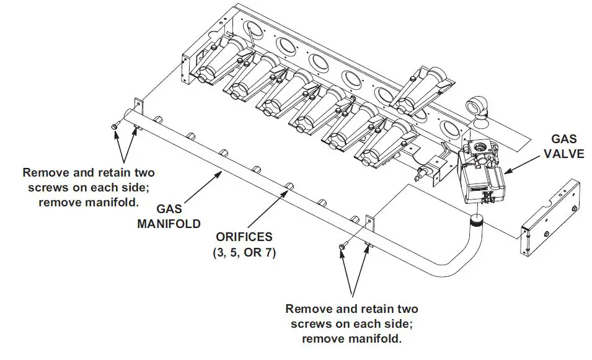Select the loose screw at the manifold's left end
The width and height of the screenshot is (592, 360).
[x=115, y=126]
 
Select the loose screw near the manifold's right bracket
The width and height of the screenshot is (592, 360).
[x=342, y=247]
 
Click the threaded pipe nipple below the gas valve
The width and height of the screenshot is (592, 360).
[x=477, y=218]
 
